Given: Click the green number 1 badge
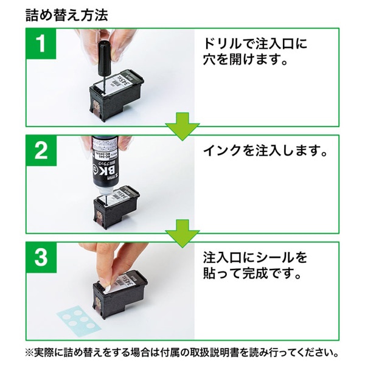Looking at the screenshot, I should [x=41, y=46].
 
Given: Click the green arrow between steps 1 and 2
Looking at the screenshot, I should [x=182, y=125].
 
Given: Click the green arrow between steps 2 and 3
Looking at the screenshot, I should [x=182, y=231].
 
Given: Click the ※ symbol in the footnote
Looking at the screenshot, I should [x=30, y=352].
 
